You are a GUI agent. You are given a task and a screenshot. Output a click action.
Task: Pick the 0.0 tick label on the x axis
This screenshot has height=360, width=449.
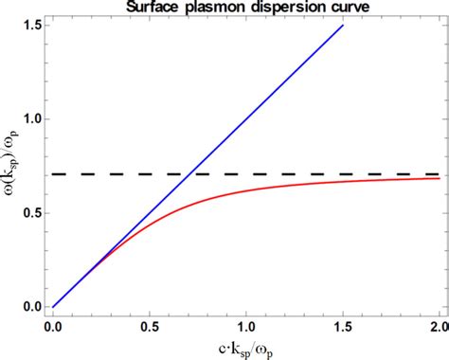click(x=54, y=325)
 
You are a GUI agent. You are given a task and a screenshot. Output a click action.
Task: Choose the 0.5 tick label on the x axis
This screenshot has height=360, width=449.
click(x=150, y=325)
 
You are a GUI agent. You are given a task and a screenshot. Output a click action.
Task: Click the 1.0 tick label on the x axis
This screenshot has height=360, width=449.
click(x=246, y=325)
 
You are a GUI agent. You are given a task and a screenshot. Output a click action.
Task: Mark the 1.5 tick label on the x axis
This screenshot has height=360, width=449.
click(x=342, y=325)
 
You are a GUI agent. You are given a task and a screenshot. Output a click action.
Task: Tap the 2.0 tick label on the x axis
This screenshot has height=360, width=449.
click(x=438, y=325)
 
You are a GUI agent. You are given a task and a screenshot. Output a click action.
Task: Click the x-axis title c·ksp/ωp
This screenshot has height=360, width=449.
click(x=245, y=348)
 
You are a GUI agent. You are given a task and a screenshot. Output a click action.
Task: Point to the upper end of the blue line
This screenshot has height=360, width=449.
click(x=342, y=26)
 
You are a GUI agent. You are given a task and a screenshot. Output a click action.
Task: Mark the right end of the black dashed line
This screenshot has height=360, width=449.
click(x=439, y=174)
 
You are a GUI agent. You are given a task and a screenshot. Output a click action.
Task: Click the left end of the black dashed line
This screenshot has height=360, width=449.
click(x=54, y=174)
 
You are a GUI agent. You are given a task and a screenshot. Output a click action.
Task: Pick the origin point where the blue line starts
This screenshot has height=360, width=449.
click(x=54, y=307)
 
